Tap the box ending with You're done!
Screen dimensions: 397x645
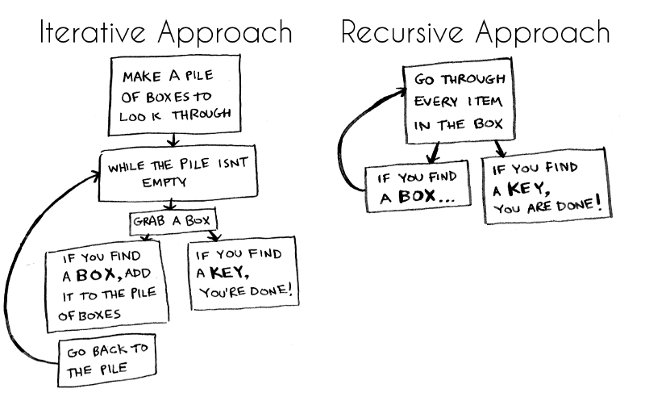coord(243,274)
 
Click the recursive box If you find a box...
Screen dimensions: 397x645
coord(417,188)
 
